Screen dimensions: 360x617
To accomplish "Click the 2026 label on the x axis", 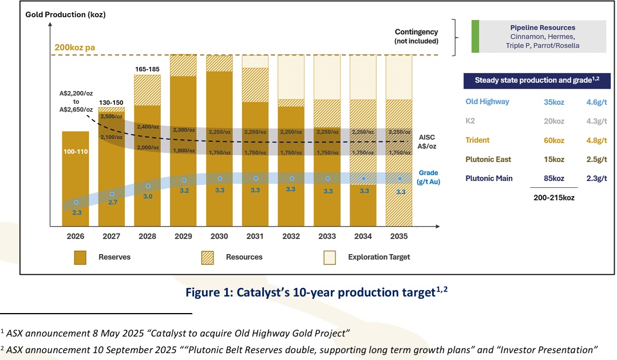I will point(76,236).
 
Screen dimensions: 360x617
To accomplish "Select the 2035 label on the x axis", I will point(399,236).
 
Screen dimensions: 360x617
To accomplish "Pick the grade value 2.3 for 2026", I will point(76,212).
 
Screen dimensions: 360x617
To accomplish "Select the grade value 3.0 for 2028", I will point(148,196).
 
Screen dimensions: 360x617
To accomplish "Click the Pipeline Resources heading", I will point(542,27).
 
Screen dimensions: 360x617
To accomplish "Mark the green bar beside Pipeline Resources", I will point(475,37).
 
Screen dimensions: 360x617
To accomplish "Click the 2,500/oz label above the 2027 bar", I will point(112,116).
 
